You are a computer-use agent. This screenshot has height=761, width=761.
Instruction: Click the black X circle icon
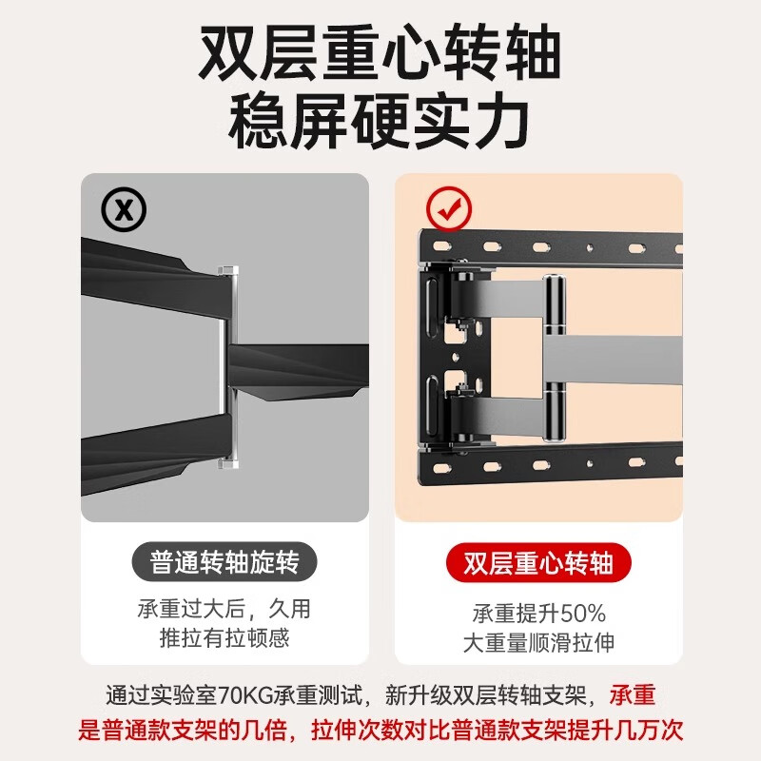(125, 210)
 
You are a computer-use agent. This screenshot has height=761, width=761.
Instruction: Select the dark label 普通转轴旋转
(224, 563)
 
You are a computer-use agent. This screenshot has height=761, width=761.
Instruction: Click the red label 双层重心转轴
(538, 563)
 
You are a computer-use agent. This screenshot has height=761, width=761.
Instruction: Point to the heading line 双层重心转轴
(379, 54)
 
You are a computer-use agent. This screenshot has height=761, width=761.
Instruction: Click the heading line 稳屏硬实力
(379, 122)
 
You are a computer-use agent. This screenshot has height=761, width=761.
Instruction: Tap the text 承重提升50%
(538, 613)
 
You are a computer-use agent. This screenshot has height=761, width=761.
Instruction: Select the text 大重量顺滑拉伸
(538, 642)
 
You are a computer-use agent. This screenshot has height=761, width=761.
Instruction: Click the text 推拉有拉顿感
(224, 637)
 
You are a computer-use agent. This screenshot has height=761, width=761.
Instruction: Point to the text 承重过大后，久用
(224, 609)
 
